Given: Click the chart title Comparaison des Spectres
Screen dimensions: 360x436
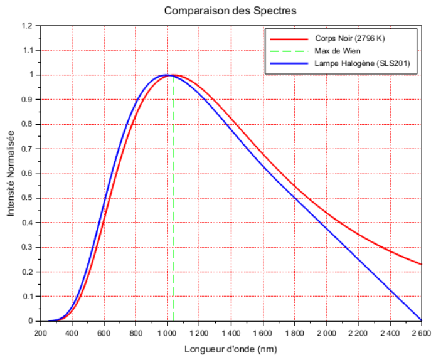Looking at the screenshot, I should pyautogui.click(x=230, y=11).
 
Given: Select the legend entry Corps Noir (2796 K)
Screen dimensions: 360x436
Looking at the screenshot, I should pyautogui.click(x=349, y=38).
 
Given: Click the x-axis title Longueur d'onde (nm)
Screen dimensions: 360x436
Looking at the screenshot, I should pyautogui.click(x=230, y=349).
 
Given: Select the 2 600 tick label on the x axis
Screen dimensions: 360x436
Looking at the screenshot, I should pyautogui.click(x=420, y=333).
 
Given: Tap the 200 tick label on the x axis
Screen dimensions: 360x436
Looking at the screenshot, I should pyautogui.click(x=41, y=333).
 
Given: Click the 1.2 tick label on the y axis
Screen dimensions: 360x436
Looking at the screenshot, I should pyautogui.click(x=26, y=26).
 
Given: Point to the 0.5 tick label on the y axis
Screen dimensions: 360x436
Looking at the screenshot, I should pyautogui.click(x=26, y=198).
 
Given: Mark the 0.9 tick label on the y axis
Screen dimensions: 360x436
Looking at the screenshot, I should pyautogui.click(x=26, y=100).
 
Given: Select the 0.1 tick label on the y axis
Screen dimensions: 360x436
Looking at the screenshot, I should pyautogui.click(x=26, y=297).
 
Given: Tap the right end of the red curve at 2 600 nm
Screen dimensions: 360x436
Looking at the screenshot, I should pyautogui.click(x=421, y=264).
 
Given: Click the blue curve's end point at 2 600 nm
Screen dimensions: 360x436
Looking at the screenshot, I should pyautogui.click(x=421, y=320).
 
